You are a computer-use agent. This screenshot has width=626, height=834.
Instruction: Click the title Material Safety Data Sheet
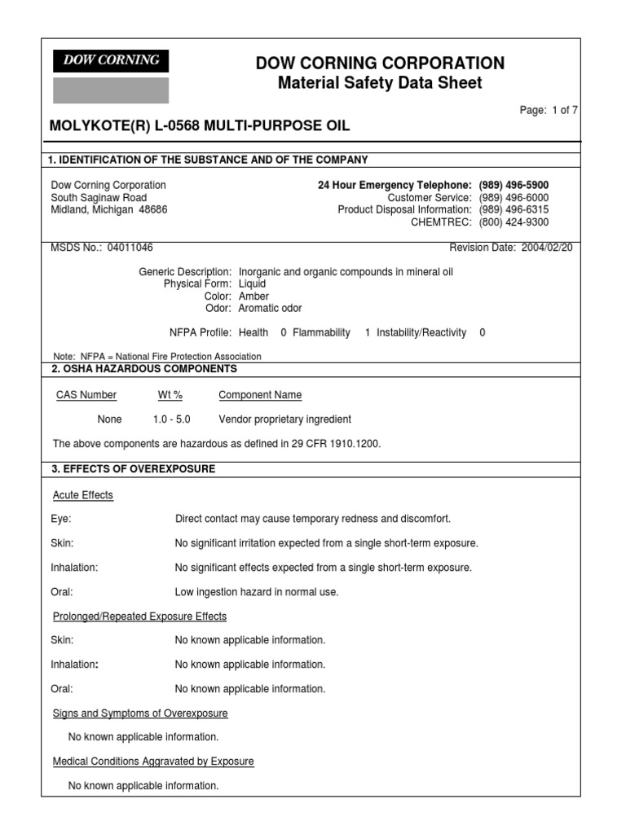(x=380, y=83)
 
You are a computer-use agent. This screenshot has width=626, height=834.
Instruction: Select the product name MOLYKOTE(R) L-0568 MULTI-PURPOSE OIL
(x=201, y=126)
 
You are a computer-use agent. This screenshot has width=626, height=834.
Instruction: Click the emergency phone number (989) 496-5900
(x=514, y=185)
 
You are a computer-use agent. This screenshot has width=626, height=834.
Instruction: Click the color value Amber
(x=253, y=296)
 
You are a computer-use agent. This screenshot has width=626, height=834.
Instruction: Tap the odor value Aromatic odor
(x=270, y=309)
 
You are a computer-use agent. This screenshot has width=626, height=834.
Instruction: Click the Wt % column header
(x=170, y=395)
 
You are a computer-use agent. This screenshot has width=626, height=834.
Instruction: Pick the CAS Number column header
(x=86, y=395)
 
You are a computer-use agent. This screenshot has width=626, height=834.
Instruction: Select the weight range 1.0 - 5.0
(x=171, y=419)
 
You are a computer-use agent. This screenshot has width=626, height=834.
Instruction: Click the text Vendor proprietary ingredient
(x=285, y=419)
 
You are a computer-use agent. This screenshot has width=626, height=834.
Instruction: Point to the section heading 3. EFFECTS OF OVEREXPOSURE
(x=133, y=469)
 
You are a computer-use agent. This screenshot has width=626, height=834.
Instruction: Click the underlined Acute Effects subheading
(x=83, y=495)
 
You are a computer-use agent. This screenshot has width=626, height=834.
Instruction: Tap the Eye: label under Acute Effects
(x=61, y=519)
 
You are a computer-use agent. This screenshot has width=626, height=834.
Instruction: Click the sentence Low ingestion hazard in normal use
(x=257, y=592)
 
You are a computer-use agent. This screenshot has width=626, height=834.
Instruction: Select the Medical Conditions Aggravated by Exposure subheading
(x=153, y=762)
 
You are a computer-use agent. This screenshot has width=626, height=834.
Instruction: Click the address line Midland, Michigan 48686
(x=109, y=209)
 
